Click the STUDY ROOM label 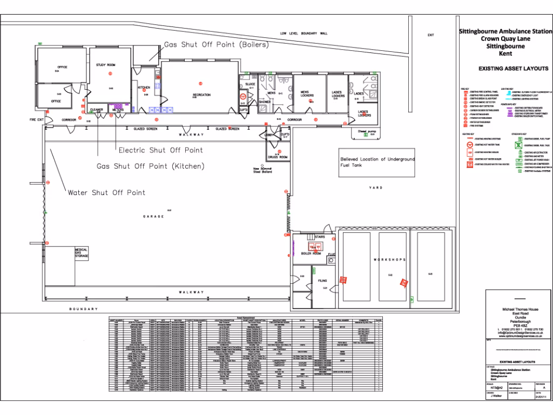click(x=106, y=65)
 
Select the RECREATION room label click(x=201, y=95)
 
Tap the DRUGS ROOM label click(x=278, y=157)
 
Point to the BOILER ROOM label click(x=311, y=253)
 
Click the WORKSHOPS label click(x=389, y=260)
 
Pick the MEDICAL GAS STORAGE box click(x=81, y=253)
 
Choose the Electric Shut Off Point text click(x=161, y=150)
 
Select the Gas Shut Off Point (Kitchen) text click(x=151, y=166)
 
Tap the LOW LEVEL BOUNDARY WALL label click(x=304, y=34)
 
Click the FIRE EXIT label click(x=37, y=119)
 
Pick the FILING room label click(x=322, y=281)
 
